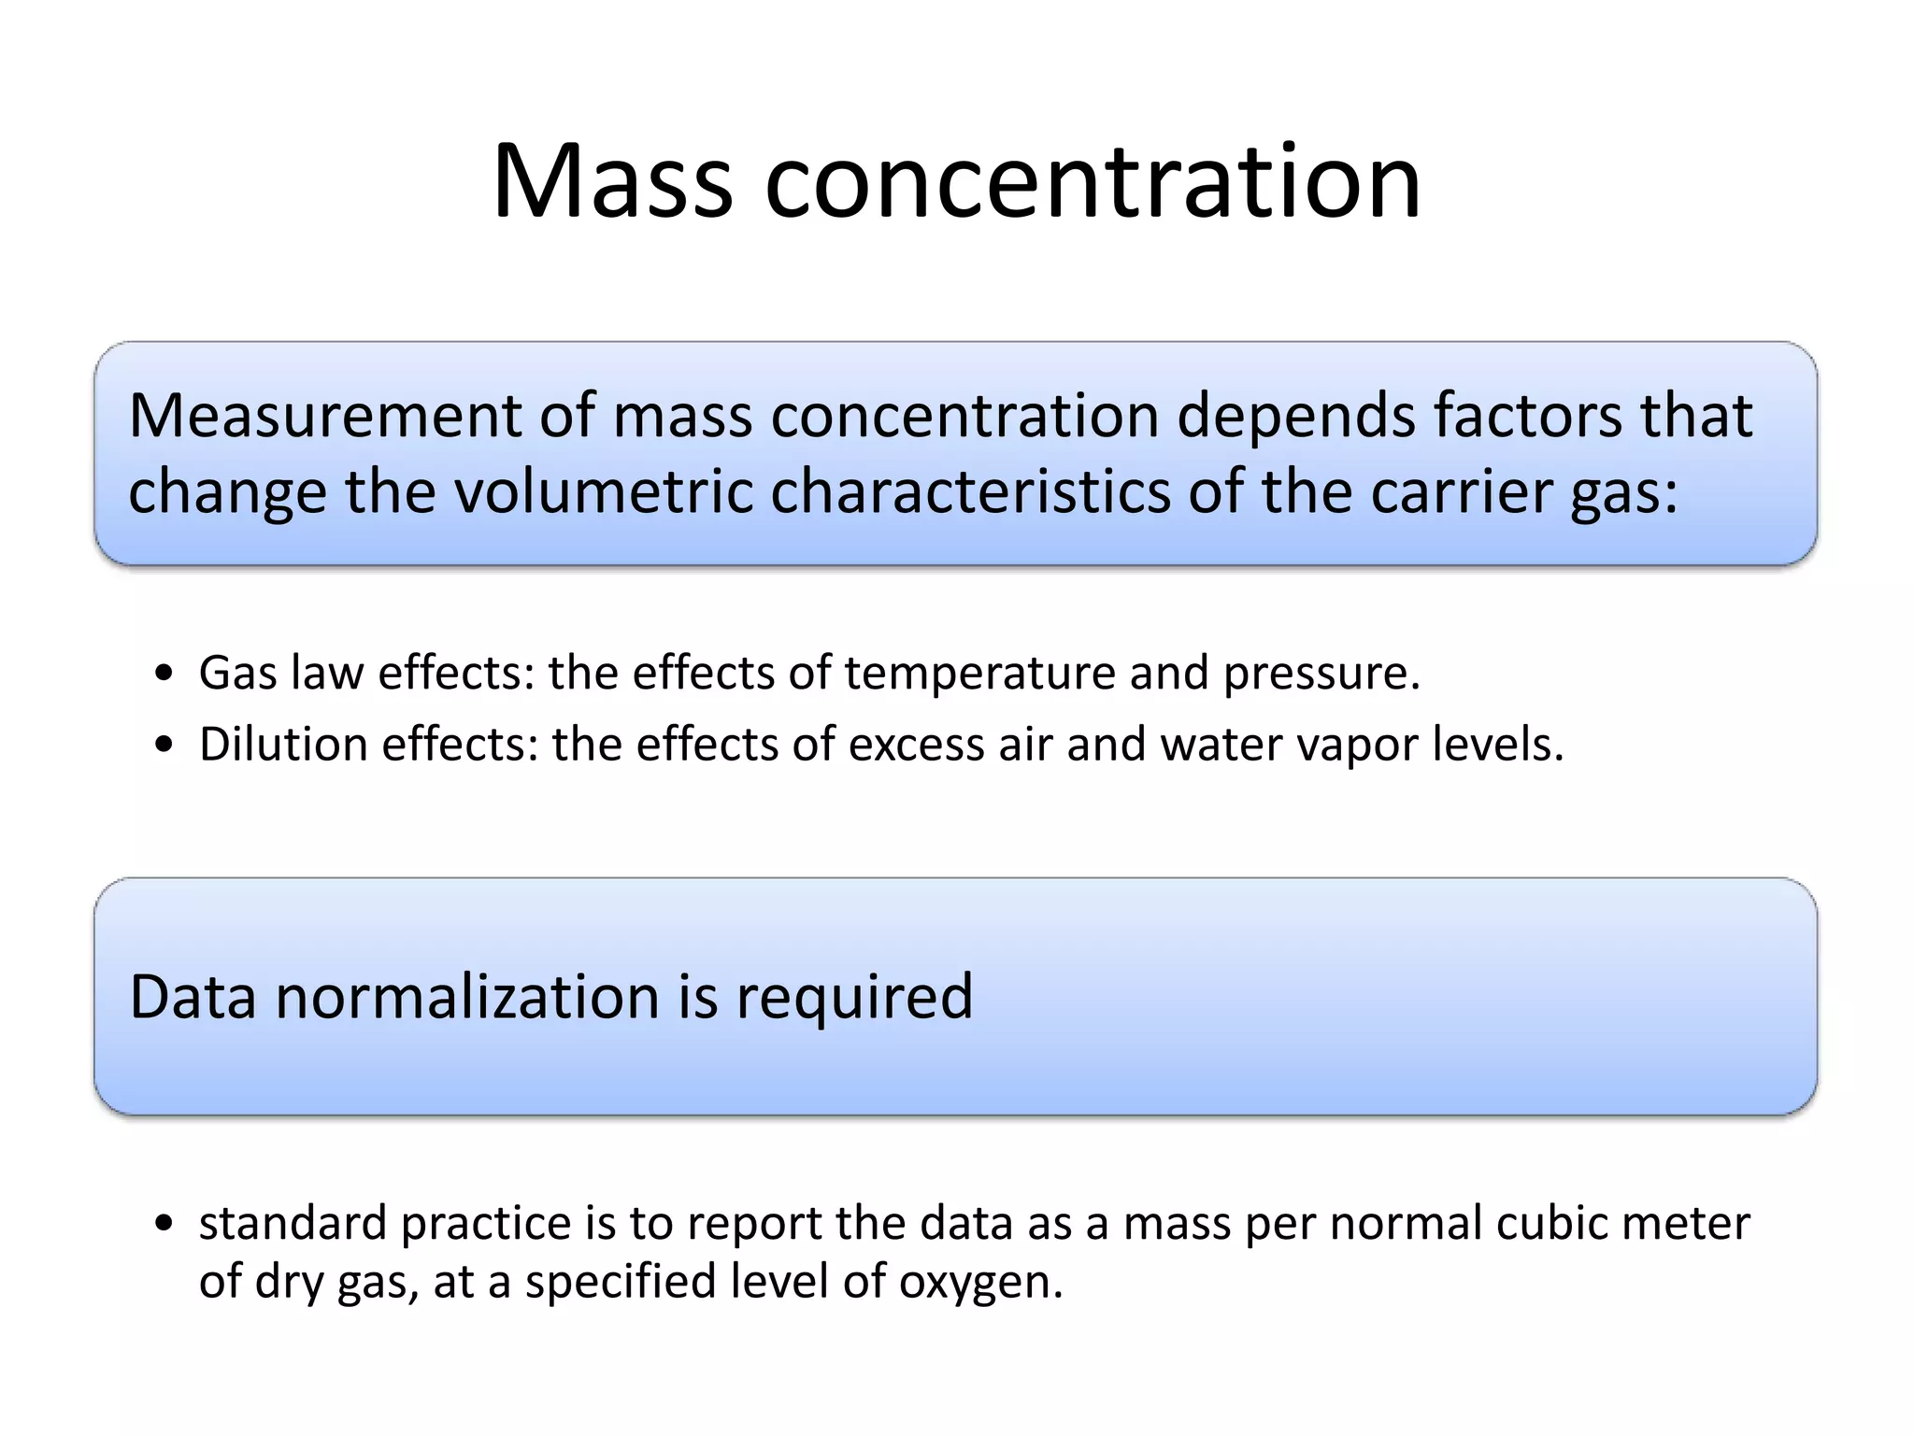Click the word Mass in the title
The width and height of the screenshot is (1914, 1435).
[612, 181]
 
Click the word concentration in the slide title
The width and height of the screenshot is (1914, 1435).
[1093, 181]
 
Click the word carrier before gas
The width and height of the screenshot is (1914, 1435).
[1461, 491]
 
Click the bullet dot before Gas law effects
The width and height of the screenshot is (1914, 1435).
[165, 674]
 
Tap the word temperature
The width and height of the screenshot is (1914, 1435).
[980, 674]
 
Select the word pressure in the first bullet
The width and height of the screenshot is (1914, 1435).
[1320, 674]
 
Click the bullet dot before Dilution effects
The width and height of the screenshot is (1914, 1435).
[165, 746]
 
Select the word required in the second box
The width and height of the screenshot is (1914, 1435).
[854, 998]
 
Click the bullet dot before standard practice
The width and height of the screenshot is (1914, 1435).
[165, 1224]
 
